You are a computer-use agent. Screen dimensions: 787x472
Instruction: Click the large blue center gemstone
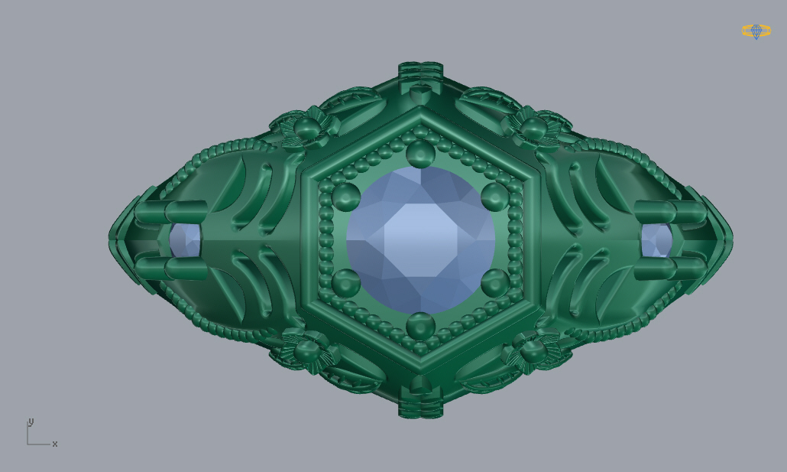[x=420, y=240]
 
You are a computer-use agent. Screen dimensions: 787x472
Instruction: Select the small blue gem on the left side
[x=185, y=240]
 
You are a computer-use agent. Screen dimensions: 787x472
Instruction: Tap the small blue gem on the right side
[x=656, y=240]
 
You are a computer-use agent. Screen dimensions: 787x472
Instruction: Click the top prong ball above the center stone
[x=420, y=153]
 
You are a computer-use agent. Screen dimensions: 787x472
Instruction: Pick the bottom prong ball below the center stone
[x=420, y=326]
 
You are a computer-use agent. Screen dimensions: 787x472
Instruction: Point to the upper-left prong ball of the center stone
[x=345, y=197]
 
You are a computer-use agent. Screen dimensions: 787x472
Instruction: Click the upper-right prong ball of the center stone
[x=495, y=197]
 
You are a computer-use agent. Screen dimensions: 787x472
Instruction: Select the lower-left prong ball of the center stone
[x=345, y=283]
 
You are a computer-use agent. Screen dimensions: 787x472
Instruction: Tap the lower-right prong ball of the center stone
[x=495, y=283]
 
